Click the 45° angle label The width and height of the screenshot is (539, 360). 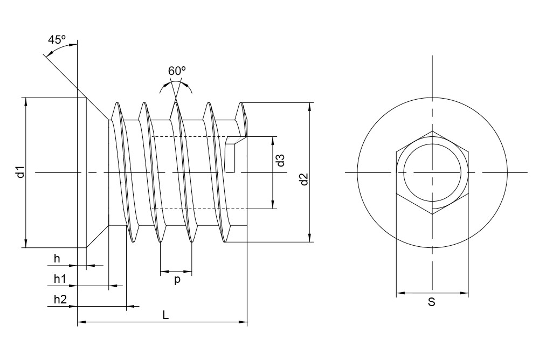(57, 40)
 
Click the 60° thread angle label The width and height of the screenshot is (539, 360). (177, 71)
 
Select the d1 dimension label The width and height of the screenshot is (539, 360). (19, 172)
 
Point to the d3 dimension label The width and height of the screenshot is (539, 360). (280, 161)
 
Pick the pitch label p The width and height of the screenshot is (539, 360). (176, 280)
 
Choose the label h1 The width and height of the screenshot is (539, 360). (59, 279)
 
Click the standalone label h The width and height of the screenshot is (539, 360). (57, 259)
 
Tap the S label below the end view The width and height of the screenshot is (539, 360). (431, 303)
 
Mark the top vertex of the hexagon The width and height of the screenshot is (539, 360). (432, 131)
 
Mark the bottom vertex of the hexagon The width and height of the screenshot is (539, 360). (432, 214)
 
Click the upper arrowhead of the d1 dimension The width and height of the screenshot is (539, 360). (25, 101)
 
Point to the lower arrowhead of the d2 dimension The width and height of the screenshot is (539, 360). (310, 239)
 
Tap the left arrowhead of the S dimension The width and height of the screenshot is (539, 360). (400, 294)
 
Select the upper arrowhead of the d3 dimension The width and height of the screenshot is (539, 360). (273, 140)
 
